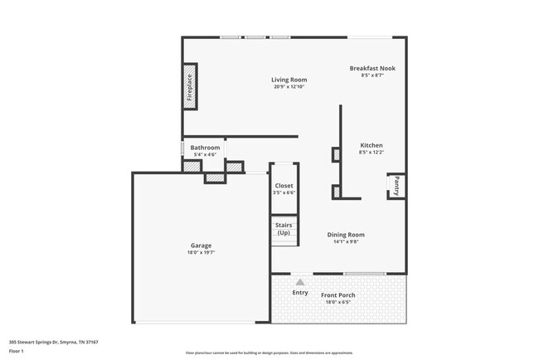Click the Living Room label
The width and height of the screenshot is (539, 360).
(289, 80)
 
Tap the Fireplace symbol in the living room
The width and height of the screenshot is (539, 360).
(190, 87)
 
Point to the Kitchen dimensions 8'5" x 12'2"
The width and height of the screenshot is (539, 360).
(371, 153)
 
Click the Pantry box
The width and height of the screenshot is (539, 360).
(396, 187)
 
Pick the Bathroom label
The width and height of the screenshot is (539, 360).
(205, 148)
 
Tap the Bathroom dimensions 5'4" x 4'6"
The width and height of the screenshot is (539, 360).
(205, 155)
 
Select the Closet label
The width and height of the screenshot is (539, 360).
(284, 186)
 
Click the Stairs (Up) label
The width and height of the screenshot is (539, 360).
(284, 228)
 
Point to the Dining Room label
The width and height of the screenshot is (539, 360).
(345, 235)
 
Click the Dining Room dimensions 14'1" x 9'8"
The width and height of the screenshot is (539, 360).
(345, 242)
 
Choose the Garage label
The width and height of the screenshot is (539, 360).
(201, 246)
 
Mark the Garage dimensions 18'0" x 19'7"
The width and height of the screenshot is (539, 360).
(201, 253)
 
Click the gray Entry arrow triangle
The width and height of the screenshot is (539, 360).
(300, 282)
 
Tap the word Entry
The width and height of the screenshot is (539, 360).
(300, 292)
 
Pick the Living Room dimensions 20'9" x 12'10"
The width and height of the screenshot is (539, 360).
(289, 87)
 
